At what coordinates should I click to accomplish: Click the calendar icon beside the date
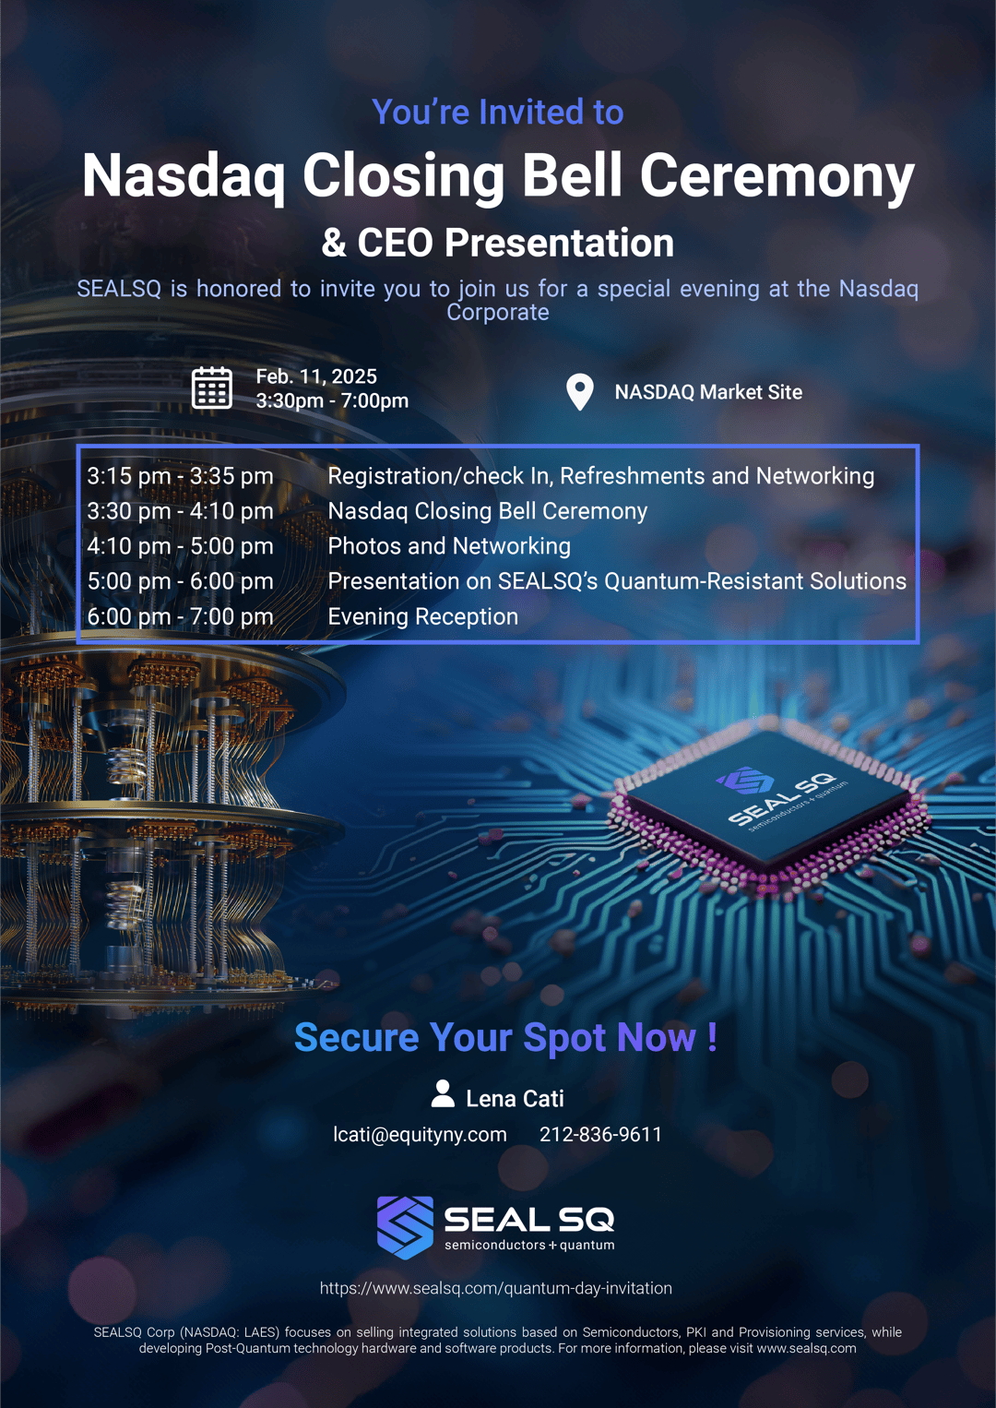pos(211,388)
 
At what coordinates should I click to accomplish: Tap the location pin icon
pos(579,392)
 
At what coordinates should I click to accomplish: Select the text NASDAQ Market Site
pos(708,392)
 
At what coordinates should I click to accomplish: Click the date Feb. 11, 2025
pos(316,376)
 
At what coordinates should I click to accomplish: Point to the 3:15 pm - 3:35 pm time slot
pos(180,476)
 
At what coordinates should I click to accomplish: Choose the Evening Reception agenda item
pos(422,616)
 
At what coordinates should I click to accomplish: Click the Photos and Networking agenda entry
pos(449,546)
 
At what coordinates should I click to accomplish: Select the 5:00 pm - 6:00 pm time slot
pos(180,581)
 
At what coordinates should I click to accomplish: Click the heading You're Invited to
pos(498,113)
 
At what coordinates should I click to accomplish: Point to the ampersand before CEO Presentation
pos(334,244)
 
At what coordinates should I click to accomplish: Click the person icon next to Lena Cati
pos(443,1094)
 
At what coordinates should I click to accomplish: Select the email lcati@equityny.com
pos(420,1135)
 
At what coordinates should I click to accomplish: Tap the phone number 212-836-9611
pos(600,1135)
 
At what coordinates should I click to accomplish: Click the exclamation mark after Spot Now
pos(712,1038)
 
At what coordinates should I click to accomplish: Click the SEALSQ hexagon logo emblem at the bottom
pos(405,1227)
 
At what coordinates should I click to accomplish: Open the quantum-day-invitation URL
pos(496,1288)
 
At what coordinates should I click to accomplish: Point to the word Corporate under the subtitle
pos(498,313)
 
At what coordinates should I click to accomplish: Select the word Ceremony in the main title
pos(777,175)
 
